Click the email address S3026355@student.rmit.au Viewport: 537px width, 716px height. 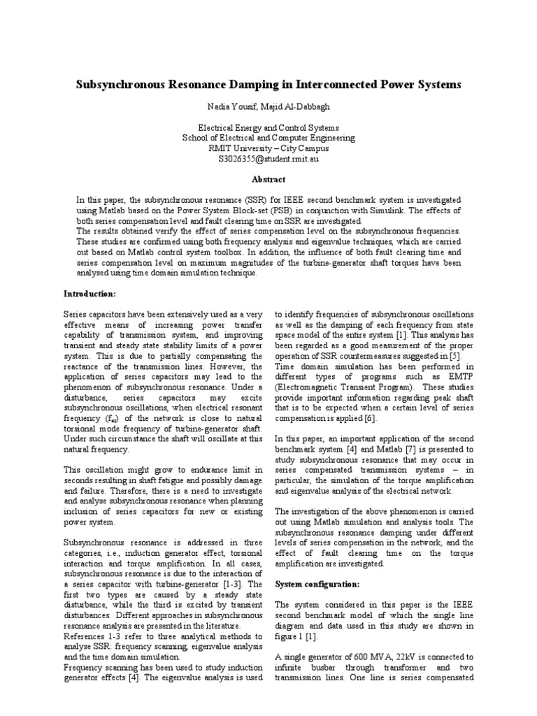pos(268,158)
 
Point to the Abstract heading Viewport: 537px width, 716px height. pos(268,179)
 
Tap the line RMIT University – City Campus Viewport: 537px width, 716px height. pos(268,148)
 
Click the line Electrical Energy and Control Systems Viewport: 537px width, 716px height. pos(268,127)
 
